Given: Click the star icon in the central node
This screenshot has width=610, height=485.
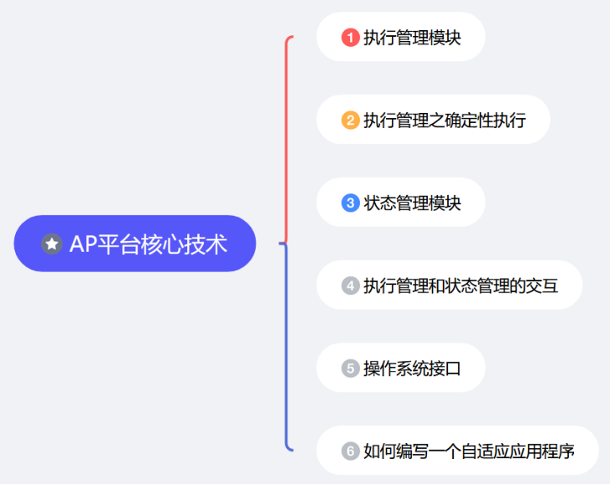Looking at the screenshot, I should point(52,244).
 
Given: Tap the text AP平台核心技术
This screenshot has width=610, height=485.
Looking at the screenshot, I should point(149,244).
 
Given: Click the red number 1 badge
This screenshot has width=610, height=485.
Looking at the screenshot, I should point(350,38).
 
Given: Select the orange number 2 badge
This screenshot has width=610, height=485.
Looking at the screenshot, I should point(350,120).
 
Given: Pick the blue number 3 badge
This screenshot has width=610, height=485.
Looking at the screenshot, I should point(350,203).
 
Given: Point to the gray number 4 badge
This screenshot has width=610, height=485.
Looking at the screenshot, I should point(350,286).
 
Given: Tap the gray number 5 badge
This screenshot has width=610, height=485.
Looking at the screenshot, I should point(350,369).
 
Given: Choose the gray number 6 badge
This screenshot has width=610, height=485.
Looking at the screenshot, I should point(350,452).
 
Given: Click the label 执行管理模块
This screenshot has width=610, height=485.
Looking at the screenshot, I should point(412,38).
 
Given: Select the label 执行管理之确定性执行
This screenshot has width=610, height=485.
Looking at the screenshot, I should point(445,120).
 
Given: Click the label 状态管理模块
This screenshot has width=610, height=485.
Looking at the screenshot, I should point(412,203).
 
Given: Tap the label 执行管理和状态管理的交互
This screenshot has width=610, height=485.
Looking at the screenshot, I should point(460,286).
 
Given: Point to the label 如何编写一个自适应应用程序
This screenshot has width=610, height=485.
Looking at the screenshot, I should point(469,452).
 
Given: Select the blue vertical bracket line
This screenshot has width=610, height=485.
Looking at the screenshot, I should point(287,347).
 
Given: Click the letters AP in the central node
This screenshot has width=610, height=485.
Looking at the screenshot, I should point(82,244).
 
